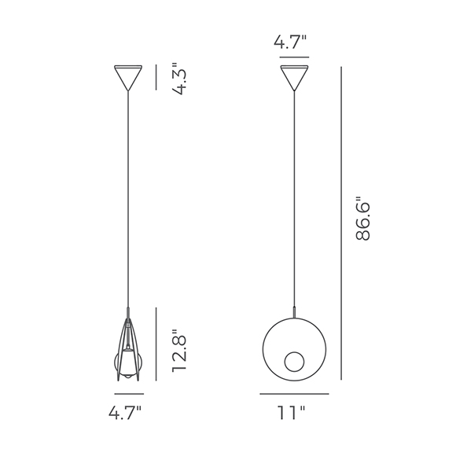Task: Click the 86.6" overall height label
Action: coord(362,218)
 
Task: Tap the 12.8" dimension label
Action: coord(178,351)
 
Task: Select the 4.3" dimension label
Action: coord(178,79)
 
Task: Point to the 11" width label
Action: coord(291,413)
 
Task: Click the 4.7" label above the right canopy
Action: coord(290,42)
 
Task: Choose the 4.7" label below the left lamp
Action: coord(125,413)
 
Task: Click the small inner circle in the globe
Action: coord(294,362)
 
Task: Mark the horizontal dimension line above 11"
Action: coord(294,394)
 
